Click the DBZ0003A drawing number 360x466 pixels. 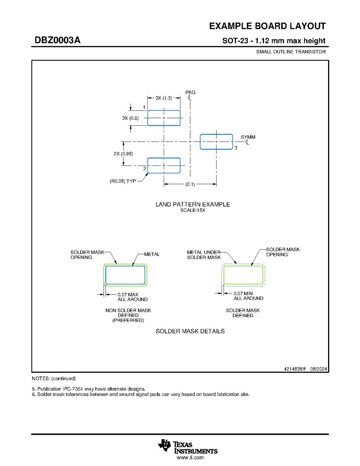pyautogui.click(x=58, y=40)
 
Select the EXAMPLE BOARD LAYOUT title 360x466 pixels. pyautogui.click(x=267, y=26)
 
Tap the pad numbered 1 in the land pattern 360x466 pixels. pyautogui.click(x=164, y=118)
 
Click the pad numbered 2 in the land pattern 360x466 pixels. pyautogui.click(x=164, y=166)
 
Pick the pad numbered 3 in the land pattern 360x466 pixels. pyautogui.click(x=216, y=142)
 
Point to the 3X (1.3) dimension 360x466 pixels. pyautogui.click(x=164, y=98)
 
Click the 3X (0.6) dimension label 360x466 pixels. pyautogui.click(x=130, y=118)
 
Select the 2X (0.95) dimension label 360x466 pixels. pyautogui.click(x=124, y=154)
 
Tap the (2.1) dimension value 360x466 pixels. pyautogui.click(x=190, y=184)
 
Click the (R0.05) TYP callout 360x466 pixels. pyautogui.click(x=123, y=181)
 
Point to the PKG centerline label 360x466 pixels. pyautogui.click(x=190, y=93)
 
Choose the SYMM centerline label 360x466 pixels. pyautogui.click(x=248, y=137)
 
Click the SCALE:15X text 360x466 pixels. pyautogui.click(x=192, y=210)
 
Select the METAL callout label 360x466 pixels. pyautogui.click(x=152, y=254)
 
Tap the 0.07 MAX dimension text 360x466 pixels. pyautogui.click(x=128, y=294)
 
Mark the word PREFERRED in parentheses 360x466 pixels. pyautogui.click(x=128, y=321)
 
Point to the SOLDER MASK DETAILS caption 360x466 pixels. pyautogui.click(x=190, y=331)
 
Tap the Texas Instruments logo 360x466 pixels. pyautogui.click(x=188, y=447)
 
